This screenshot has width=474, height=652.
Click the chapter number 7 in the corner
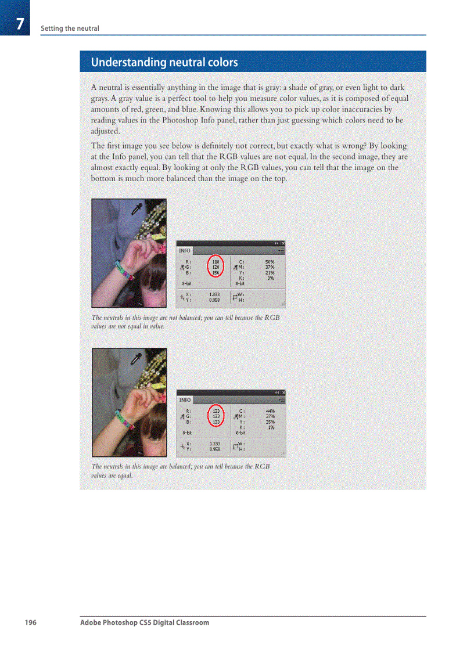pos(20,24)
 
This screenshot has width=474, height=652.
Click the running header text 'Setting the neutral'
pos(70,28)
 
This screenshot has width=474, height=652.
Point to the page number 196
pos(30,622)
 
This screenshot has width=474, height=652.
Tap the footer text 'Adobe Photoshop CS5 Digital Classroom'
pos(145,622)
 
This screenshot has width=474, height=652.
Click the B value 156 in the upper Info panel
pos(215,273)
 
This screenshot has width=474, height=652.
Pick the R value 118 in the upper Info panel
pos(215,262)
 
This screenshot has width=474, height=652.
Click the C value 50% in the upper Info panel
pos(270,262)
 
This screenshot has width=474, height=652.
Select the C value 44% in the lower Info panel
pos(270,411)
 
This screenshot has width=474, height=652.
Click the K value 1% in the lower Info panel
pos(271,427)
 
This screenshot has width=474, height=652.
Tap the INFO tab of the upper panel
pos(185,251)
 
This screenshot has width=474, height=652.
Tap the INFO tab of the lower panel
pos(185,400)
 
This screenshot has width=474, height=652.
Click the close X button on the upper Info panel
pos(283,243)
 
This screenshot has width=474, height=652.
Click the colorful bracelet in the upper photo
pos(124,271)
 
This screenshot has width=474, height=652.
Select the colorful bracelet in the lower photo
pos(124,420)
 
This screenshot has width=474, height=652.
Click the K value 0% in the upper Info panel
pos(271,278)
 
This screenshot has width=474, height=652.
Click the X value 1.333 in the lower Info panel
pos(214,444)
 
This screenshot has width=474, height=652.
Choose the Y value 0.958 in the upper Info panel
pos(214,300)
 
